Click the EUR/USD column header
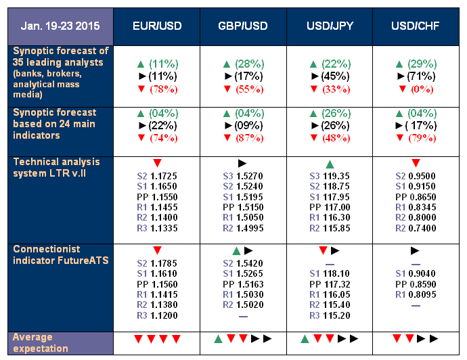pos(157,26)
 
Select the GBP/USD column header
pos(243,26)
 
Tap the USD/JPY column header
pos(330,26)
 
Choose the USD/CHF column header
pos(415,26)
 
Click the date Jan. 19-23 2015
pos(60,26)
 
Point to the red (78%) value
pos(164,89)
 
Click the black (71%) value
pos(421,76)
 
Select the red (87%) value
pos(250,138)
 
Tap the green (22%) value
pos(336,64)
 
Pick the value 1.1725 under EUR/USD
pos(164,176)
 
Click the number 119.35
pos(336,176)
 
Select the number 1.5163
pos(250,284)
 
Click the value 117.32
pos(336,284)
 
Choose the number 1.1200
pos(164,315)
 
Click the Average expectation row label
pos(41,342)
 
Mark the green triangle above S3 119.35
pos(330,164)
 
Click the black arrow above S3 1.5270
pos(242,163)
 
